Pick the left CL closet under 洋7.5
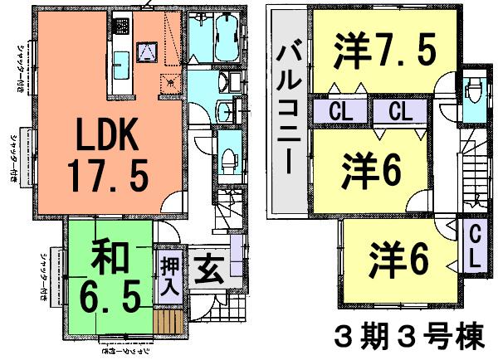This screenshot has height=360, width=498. (338, 110)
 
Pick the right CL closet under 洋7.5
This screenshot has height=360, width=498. (399, 110)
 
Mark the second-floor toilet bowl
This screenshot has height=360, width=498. (474, 91)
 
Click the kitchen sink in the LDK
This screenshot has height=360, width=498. (120, 60)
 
